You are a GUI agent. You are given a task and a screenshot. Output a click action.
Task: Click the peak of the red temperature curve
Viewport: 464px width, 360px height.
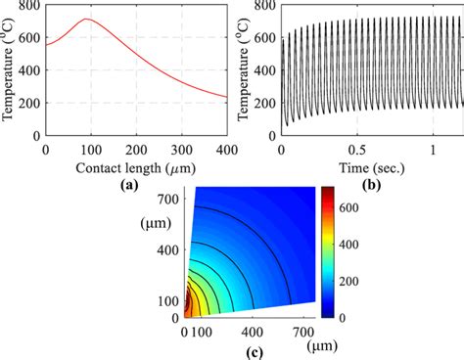[88, 20]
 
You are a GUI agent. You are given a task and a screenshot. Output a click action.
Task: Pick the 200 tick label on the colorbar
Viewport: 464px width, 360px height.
[347, 284]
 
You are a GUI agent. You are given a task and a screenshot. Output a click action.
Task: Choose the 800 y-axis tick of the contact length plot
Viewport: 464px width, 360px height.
[29, 6]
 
